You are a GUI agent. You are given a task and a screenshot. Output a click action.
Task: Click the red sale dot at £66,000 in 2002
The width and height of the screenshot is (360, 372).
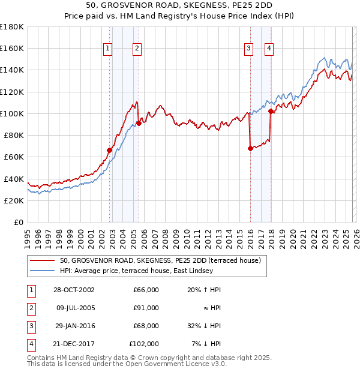110,150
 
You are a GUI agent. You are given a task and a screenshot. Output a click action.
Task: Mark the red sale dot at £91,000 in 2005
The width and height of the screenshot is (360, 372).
139,123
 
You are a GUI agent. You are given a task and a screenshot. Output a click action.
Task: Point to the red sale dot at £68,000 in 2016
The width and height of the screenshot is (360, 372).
250,148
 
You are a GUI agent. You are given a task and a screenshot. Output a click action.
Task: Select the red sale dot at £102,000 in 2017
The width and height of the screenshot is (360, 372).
271,111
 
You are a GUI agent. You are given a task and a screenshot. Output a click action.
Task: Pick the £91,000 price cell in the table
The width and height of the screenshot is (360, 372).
146,308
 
